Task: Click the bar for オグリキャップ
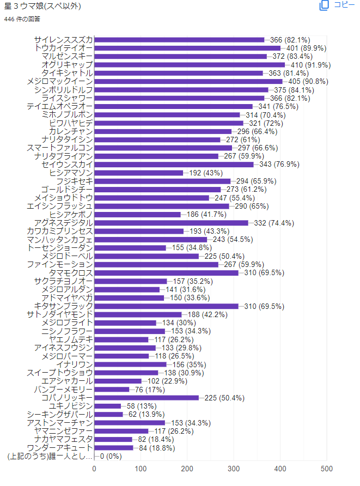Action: tap(190, 65)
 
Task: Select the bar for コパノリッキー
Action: tap(147, 398)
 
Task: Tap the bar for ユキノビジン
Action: tap(108, 406)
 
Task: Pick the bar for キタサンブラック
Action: tap(166, 306)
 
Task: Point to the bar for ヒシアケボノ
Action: tap(137, 215)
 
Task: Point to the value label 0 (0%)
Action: tap(111, 456)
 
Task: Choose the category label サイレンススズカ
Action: tap(63, 40)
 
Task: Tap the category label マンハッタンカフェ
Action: tap(60, 240)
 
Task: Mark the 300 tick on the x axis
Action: tap(234, 469)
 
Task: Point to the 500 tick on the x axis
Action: tap(327, 469)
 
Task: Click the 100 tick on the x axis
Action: tap(141, 469)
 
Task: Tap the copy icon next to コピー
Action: tap(324, 5)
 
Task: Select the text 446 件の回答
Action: tap(22, 19)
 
